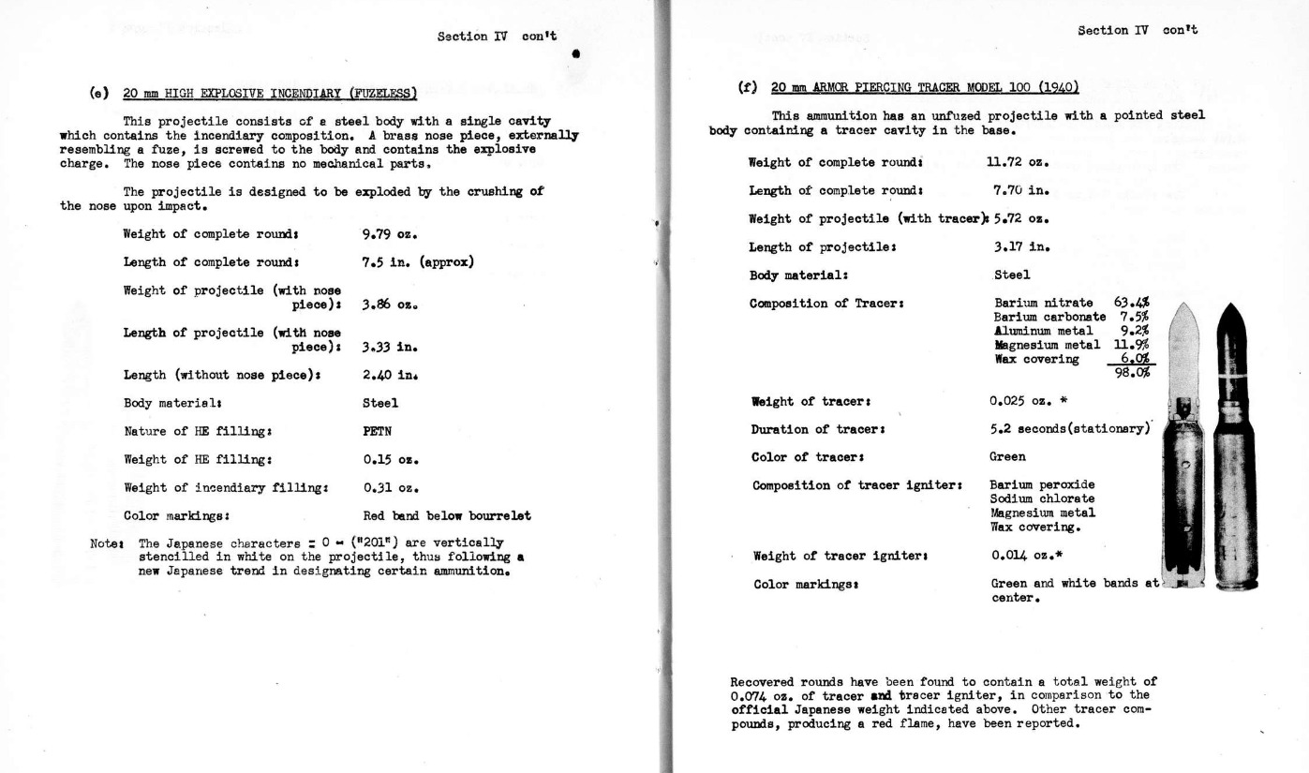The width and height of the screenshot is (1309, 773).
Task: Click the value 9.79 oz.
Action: (389, 233)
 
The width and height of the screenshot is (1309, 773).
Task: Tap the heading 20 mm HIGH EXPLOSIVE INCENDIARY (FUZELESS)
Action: (270, 93)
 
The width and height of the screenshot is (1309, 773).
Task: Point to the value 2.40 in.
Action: (389, 375)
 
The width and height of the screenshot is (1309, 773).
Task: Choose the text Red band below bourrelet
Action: (446, 515)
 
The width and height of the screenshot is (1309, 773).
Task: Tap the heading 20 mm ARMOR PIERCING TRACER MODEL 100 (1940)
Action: (925, 88)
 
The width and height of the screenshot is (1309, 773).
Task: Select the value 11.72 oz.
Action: (1017, 162)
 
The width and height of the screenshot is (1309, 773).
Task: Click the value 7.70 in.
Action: (1020, 190)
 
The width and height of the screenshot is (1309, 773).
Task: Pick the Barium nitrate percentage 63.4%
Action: (1131, 303)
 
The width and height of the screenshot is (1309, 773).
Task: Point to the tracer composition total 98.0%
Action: (1131, 372)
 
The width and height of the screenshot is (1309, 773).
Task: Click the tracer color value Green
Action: (1007, 457)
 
